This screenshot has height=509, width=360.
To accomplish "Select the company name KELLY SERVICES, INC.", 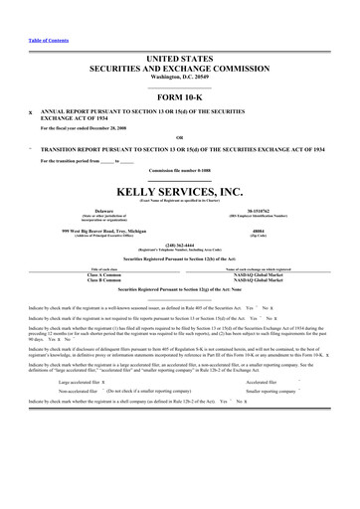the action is (x=180, y=189).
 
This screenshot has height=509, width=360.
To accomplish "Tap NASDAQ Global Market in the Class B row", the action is (x=270, y=280).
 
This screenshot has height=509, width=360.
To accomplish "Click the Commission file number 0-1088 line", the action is (x=180, y=170).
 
